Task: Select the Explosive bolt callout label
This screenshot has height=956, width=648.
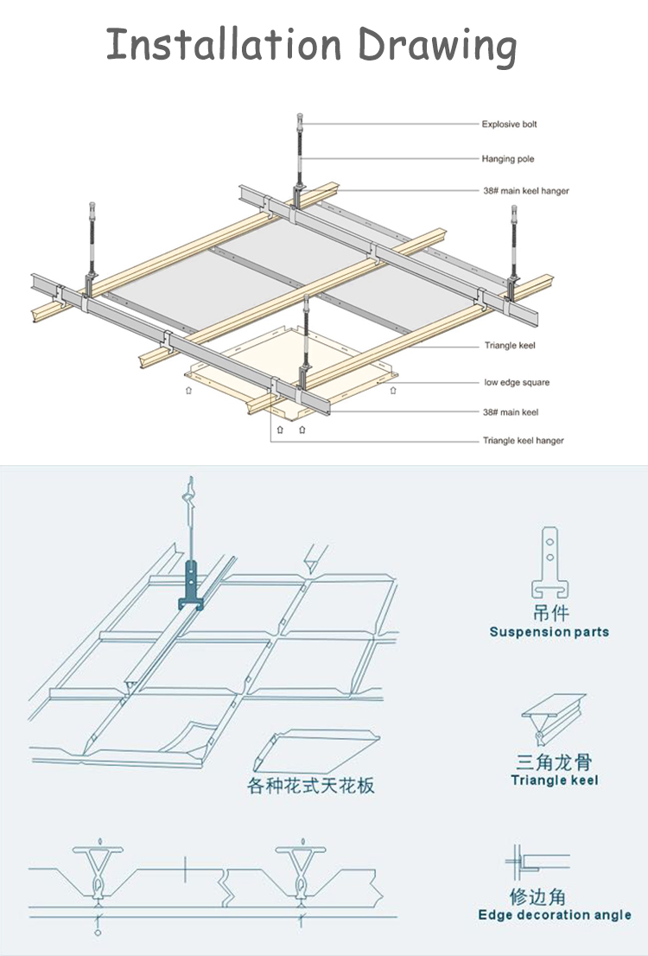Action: (509, 124)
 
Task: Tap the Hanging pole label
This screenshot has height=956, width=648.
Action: (508, 159)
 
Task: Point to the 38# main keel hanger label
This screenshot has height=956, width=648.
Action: (525, 191)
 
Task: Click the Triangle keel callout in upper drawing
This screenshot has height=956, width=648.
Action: (510, 347)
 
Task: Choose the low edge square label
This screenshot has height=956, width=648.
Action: (517, 382)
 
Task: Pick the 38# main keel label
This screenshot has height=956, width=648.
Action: (511, 412)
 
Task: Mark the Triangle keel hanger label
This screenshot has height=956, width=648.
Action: (523, 441)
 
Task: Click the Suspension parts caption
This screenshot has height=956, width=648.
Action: (549, 632)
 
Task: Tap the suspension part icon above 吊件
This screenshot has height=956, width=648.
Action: (549, 561)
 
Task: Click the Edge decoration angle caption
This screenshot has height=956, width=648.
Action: (554, 915)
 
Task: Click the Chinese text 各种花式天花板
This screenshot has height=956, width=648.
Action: (311, 786)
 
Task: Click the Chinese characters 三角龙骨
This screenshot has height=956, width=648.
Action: (554, 762)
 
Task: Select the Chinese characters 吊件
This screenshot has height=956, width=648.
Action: (550, 613)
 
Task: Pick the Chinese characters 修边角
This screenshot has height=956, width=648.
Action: (537, 895)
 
